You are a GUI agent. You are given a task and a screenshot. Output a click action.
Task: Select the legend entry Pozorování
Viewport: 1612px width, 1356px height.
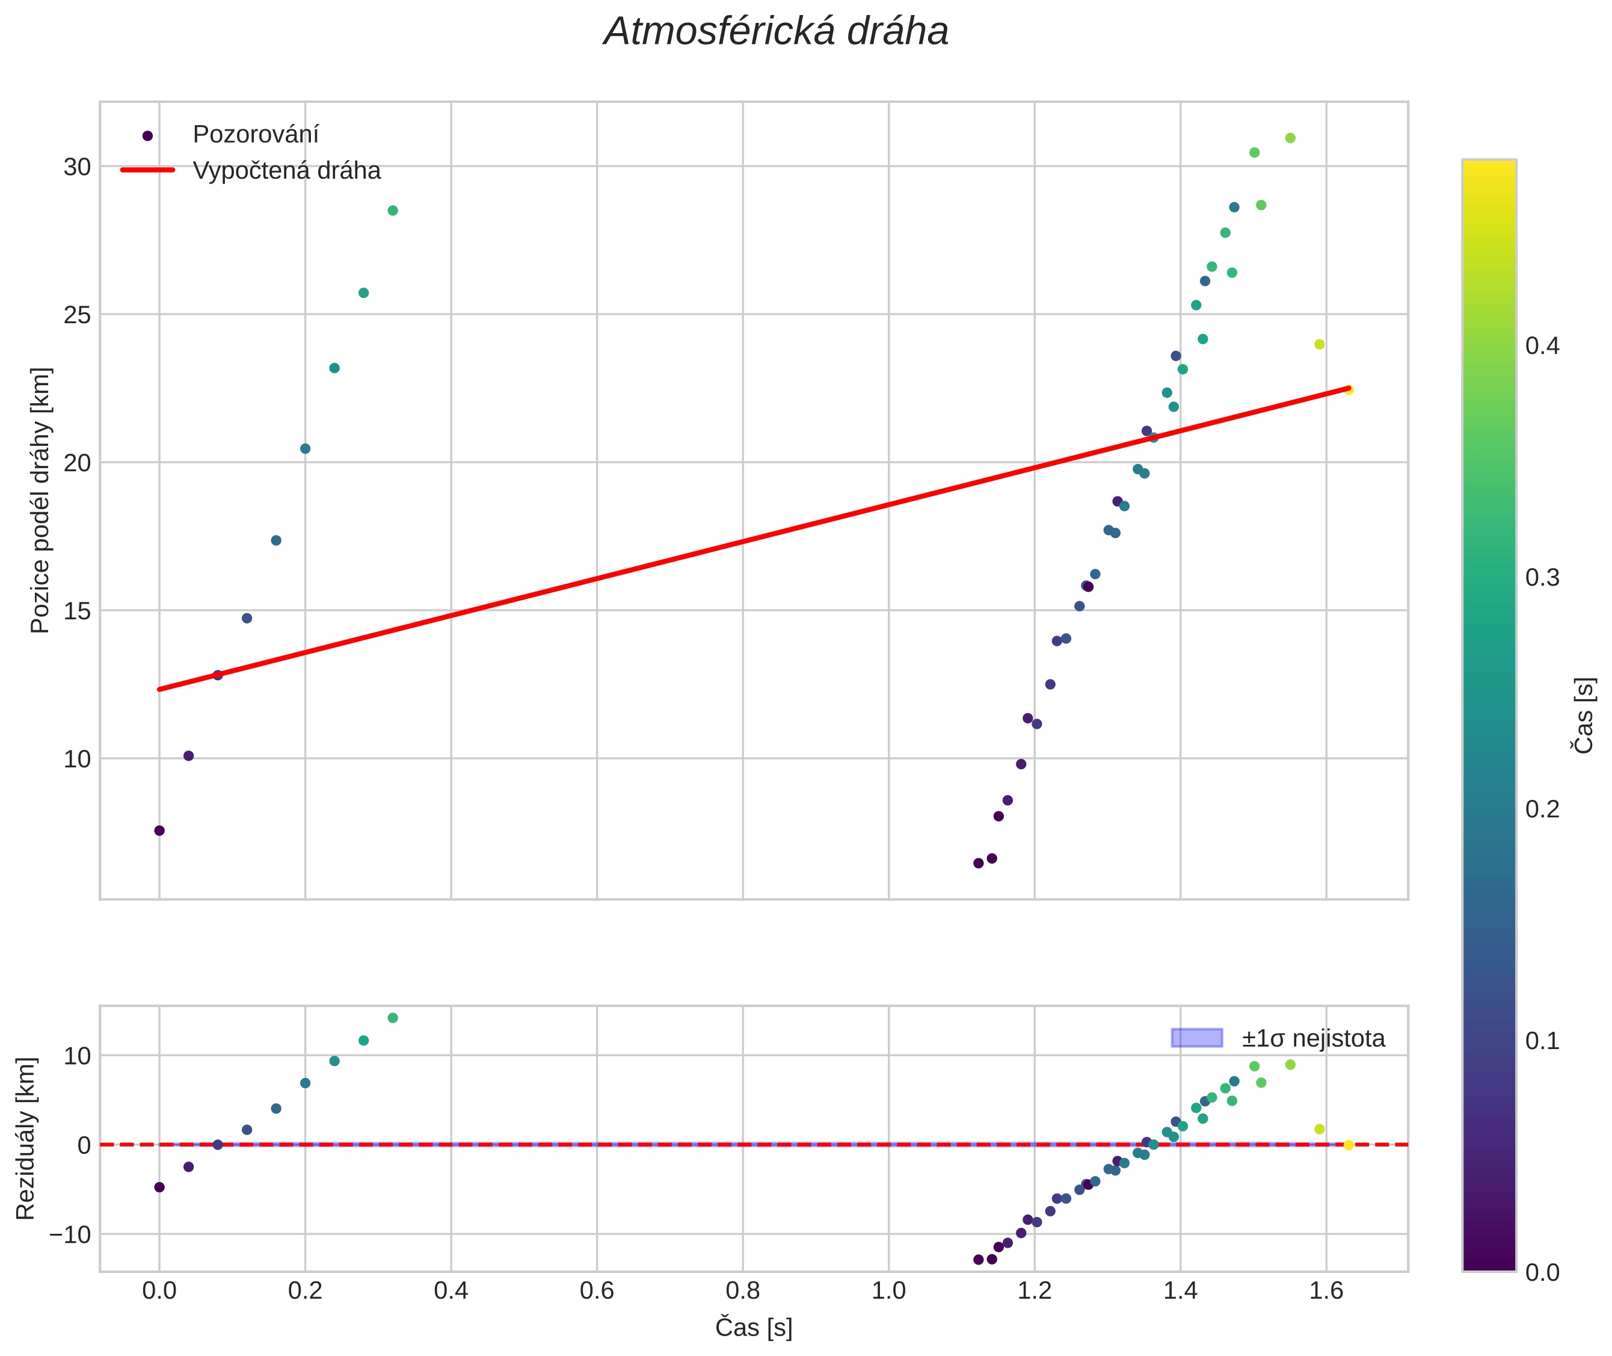tap(255, 135)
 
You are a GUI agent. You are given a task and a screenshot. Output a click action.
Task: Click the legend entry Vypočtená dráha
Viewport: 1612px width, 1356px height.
tap(286, 171)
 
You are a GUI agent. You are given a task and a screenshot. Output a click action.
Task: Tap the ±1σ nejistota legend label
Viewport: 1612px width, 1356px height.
tap(1313, 1039)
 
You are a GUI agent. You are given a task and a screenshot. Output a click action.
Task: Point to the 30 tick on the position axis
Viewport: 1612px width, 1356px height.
tap(77, 167)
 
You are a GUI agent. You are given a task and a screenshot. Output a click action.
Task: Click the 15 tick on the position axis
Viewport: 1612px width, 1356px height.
tap(77, 611)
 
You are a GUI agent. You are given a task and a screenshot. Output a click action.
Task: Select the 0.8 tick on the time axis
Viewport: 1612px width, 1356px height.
tap(742, 1290)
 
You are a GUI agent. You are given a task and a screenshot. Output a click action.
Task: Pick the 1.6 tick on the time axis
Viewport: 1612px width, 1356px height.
tap(1326, 1290)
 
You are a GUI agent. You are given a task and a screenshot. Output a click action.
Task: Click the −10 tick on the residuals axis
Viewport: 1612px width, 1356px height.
tap(69, 1234)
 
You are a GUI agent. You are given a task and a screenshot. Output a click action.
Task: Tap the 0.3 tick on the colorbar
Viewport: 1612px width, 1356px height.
tap(1542, 577)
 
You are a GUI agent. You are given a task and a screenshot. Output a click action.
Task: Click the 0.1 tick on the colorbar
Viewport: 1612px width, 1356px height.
tap(1542, 1041)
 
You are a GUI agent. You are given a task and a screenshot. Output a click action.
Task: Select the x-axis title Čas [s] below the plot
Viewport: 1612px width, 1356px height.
tap(753, 1328)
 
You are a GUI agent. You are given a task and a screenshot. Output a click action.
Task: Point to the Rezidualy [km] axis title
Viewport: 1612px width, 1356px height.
tap(25, 1139)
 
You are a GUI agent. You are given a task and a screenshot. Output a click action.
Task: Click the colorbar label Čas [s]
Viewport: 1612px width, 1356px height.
tap(1584, 715)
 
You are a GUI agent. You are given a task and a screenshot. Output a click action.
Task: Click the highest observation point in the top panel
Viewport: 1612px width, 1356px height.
tap(1290, 138)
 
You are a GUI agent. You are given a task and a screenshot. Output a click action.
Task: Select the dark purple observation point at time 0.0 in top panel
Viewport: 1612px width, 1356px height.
tap(159, 830)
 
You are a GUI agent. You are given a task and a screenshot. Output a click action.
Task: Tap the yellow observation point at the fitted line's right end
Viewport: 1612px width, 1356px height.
tap(1349, 390)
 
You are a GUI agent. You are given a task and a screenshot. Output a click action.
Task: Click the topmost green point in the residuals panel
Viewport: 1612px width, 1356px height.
tap(393, 1018)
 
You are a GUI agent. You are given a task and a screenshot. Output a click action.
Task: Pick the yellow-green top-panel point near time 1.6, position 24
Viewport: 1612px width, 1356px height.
tap(1319, 344)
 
